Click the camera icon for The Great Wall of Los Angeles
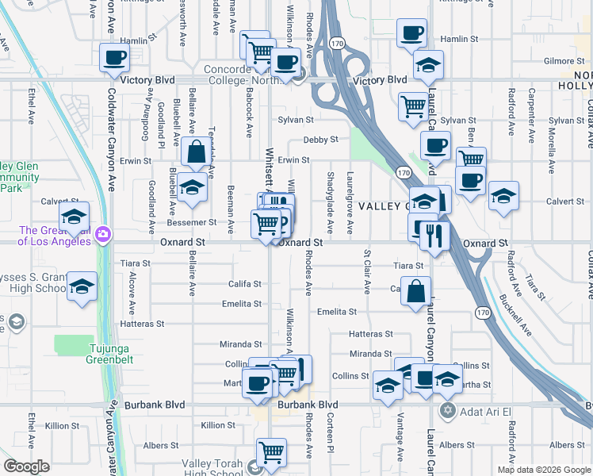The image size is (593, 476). (103, 235)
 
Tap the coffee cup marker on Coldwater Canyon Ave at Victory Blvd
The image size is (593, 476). (115, 58)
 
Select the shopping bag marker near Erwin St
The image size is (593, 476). (196, 151)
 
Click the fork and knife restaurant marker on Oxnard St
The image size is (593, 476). (435, 236)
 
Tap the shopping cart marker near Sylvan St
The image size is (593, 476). (413, 106)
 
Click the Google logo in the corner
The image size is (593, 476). (26, 467)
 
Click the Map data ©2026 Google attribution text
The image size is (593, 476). (543, 470)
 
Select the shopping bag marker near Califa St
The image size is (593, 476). (416, 291)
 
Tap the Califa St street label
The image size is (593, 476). (246, 283)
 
